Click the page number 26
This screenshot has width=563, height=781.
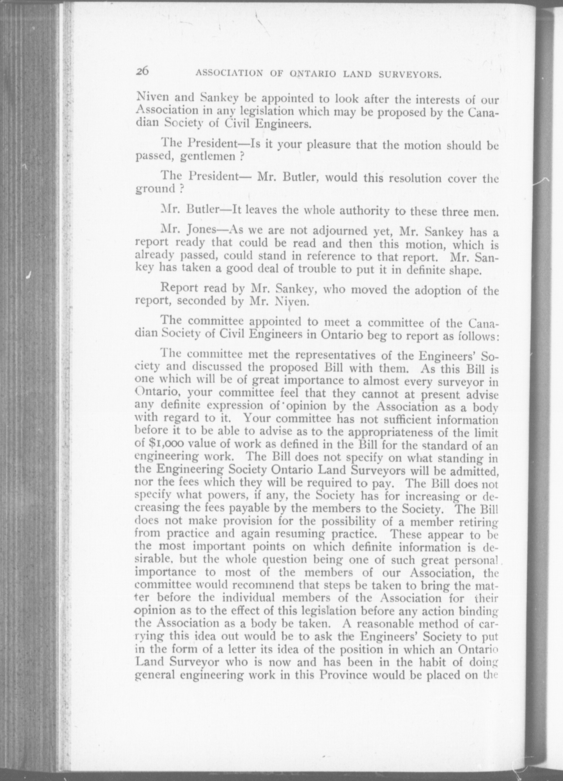142,71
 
